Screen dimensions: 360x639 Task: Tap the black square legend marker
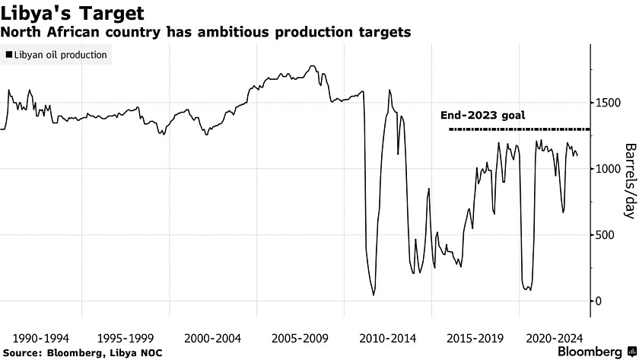point(9,56)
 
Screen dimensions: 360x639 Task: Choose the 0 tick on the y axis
point(601,301)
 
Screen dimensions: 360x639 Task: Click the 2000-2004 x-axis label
point(213,337)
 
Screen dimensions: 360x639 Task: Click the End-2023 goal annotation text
point(483,116)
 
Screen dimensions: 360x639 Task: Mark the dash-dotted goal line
point(517,129)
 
